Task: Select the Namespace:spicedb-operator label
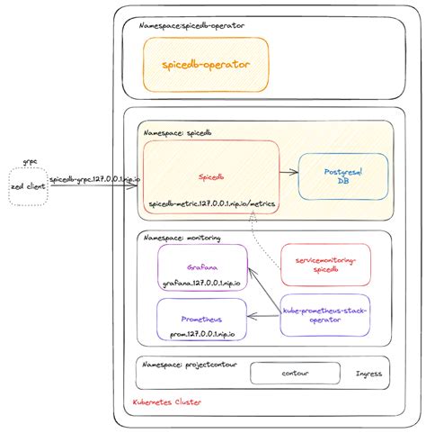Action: [x=192, y=26]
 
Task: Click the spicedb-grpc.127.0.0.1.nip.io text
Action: [x=94, y=180]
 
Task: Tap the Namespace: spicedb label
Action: [x=179, y=131]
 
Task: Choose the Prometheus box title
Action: [x=200, y=319]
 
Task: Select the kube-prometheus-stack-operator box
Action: [x=324, y=315]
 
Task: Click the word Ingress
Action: [x=368, y=373]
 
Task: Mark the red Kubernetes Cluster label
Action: [x=166, y=403]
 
